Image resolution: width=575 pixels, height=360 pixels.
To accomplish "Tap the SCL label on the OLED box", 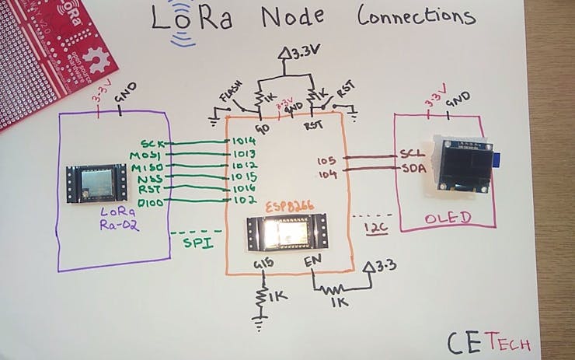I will tap(409, 155).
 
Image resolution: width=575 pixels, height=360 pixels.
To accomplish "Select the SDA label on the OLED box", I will tap(409, 168).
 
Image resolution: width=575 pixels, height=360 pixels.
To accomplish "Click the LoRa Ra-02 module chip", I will tap(95, 183).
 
